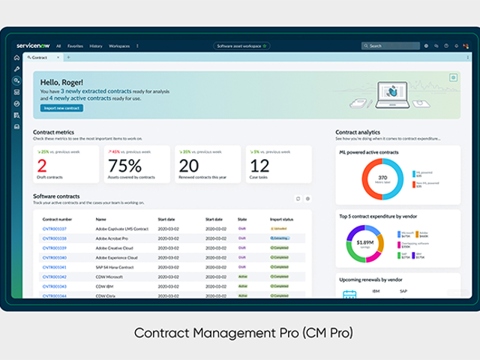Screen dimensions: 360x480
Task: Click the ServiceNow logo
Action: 32,46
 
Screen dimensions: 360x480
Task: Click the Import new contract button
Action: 61,108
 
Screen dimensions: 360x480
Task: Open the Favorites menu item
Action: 76,46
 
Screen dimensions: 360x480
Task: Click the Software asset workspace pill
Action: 241,46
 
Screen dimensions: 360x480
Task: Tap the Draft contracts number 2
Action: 42,166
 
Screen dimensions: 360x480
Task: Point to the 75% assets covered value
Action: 124,166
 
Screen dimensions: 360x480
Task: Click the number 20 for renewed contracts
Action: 189,166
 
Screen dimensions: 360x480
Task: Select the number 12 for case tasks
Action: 259,166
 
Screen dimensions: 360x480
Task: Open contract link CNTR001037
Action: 54,229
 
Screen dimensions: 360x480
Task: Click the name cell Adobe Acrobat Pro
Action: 112,238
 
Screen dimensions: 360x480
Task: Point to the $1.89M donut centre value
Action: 364,242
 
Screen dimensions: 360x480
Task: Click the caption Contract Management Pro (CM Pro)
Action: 239,331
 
